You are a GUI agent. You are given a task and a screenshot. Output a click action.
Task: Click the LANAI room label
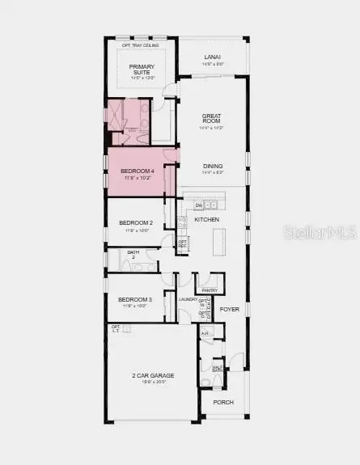coord(211,57)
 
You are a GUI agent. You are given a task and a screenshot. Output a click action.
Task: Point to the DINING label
coord(212,166)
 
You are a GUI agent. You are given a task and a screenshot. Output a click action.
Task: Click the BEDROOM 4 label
coord(138,171)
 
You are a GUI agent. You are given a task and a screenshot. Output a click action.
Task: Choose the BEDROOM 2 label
coord(136,222)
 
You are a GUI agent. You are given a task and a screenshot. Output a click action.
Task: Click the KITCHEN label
coord(207,220)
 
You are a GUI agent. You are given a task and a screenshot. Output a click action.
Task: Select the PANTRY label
coord(210,290)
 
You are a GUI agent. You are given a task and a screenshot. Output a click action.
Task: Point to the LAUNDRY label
coord(188,299)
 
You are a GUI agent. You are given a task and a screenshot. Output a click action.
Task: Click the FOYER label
coord(230,308)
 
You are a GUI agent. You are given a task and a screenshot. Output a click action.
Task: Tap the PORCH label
coord(222,402)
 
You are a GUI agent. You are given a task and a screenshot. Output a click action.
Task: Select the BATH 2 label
coord(133,254)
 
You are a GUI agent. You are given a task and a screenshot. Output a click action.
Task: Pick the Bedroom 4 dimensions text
coord(138,178)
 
